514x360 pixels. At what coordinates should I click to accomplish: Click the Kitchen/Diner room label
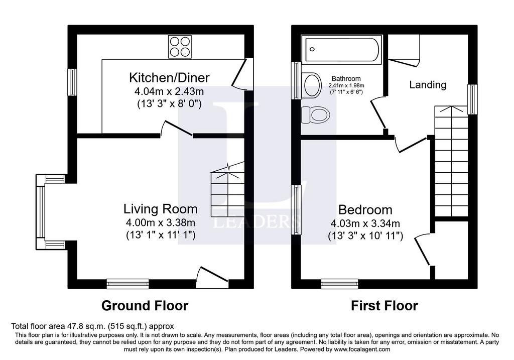click(x=169, y=78)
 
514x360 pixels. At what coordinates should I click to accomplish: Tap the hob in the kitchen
click(x=180, y=47)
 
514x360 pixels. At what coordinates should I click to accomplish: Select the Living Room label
click(x=160, y=209)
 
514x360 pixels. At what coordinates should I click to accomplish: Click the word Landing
click(x=428, y=85)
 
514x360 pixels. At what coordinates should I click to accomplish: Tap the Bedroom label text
click(x=365, y=209)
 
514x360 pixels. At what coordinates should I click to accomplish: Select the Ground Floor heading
click(x=145, y=306)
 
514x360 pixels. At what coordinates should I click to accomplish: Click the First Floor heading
click(x=384, y=306)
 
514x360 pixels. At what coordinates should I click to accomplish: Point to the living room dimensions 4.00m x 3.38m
click(x=160, y=222)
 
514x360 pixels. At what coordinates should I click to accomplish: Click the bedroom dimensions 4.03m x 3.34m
click(x=365, y=223)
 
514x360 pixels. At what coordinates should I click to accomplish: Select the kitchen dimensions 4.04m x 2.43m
click(x=169, y=91)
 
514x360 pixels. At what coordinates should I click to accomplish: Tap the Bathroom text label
click(x=346, y=79)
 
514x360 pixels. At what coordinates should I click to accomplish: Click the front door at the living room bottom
click(x=212, y=278)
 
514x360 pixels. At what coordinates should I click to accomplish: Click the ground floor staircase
click(x=227, y=190)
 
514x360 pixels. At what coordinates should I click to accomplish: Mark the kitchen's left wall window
click(x=72, y=82)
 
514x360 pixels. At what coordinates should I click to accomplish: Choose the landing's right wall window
click(x=472, y=99)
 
